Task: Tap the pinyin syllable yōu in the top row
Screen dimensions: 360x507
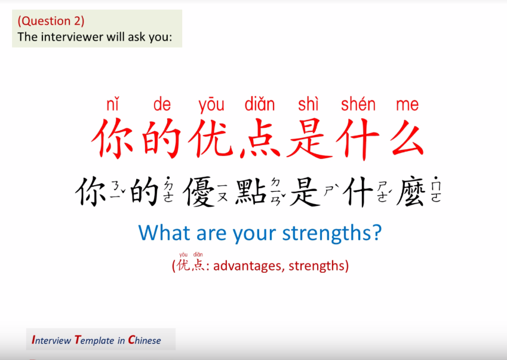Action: (211, 105)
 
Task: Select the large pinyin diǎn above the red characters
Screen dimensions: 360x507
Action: (260, 105)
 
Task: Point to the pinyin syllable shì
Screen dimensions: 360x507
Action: (308, 105)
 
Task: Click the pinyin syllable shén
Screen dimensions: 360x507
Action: (358, 105)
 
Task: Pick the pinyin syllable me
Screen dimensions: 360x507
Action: (407, 105)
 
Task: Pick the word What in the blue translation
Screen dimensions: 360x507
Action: (160, 232)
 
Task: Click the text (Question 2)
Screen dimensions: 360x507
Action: (51, 21)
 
